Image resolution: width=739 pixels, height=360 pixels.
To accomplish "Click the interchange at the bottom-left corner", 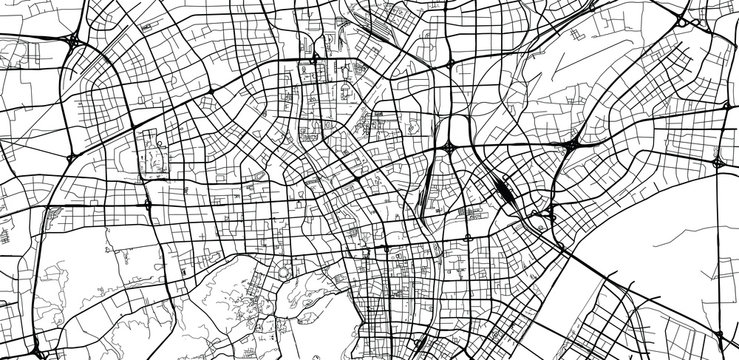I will (x=37, y=351).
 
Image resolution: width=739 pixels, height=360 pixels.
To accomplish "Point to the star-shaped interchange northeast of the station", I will (x=570, y=146).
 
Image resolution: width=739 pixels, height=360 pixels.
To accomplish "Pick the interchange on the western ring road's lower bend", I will (x=148, y=204).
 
